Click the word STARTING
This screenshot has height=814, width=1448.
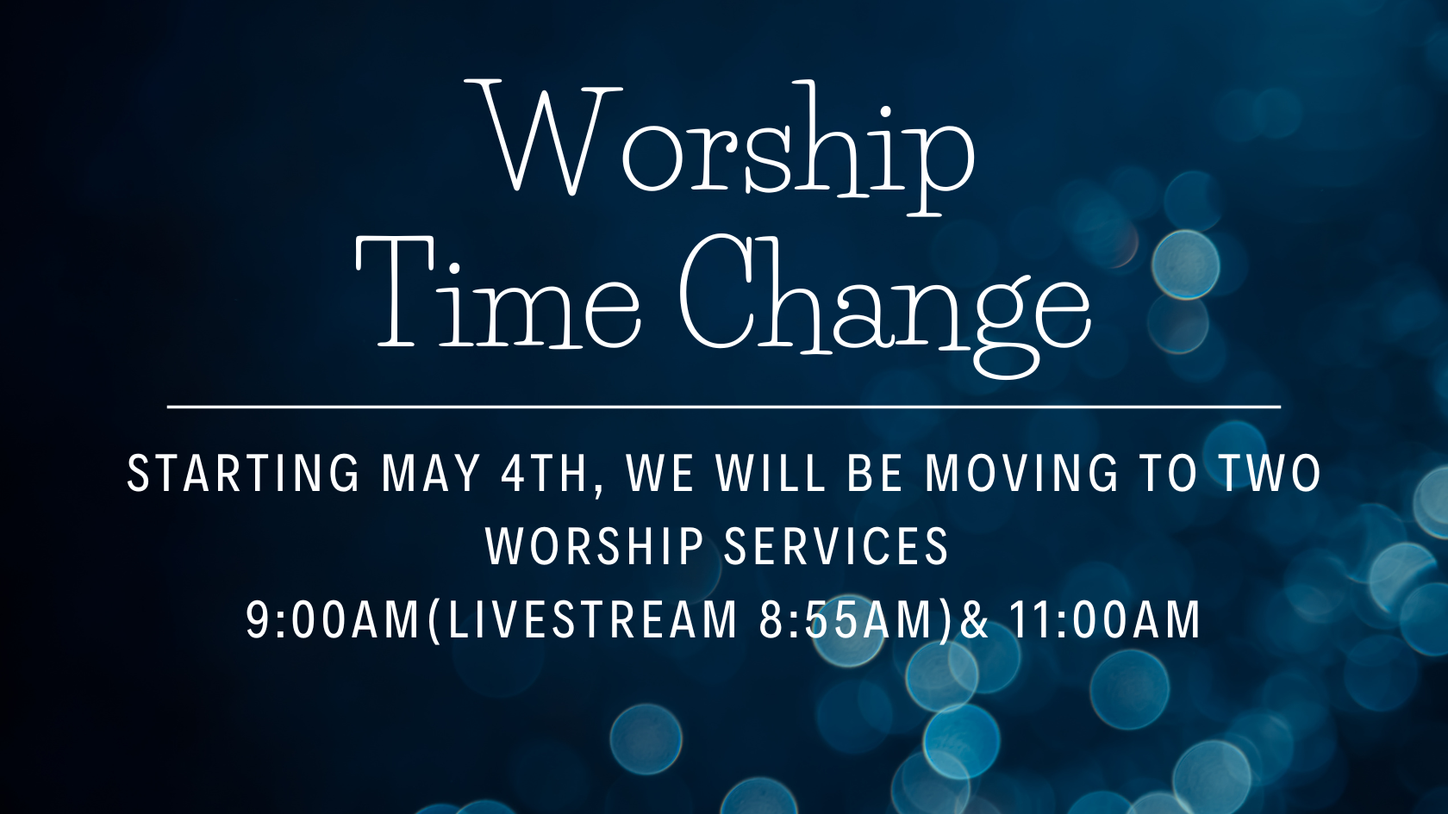(x=243, y=474)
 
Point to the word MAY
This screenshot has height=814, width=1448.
(x=431, y=474)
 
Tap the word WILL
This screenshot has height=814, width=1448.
(x=771, y=474)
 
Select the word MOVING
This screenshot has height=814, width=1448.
(x=1021, y=474)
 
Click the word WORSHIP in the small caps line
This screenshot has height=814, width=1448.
(x=594, y=546)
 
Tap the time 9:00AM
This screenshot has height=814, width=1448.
(x=334, y=620)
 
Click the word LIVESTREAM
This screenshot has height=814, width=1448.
(x=592, y=620)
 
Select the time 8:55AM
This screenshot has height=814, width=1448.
(x=849, y=620)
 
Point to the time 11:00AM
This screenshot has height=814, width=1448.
(x=1104, y=620)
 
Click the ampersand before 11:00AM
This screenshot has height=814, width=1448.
(x=975, y=620)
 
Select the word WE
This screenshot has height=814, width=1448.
(x=660, y=474)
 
